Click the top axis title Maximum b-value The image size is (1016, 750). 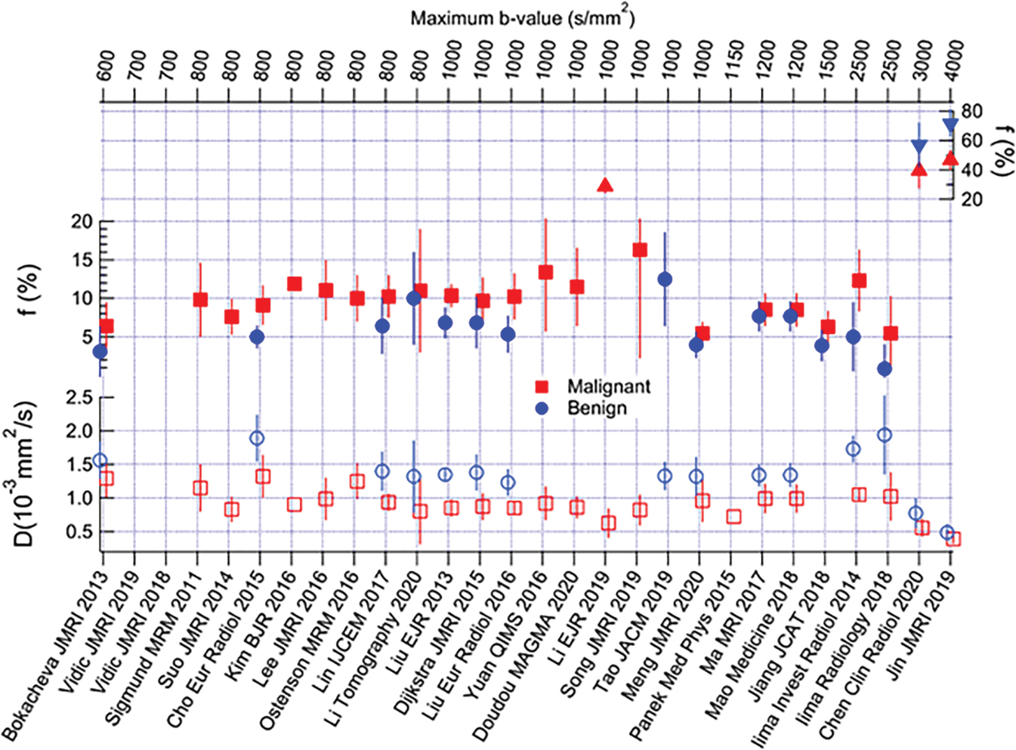[x=522, y=17]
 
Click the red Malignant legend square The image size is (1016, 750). [x=542, y=387]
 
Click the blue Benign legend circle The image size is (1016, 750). [x=542, y=408]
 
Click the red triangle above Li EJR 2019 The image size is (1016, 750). [x=605, y=185]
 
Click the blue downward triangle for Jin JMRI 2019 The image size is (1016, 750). [x=950, y=125]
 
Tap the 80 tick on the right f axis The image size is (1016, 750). [x=971, y=112]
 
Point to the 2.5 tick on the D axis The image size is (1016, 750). [x=79, y=398]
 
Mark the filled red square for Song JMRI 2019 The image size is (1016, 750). [x=640, y=250]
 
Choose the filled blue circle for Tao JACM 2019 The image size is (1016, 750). [x=665, y=279]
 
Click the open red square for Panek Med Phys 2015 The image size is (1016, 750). [x=733, y=517]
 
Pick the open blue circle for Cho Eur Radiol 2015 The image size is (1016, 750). [x=257, y=438]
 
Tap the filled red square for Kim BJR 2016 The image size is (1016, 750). [x=295, y=284]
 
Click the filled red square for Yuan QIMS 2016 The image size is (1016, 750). [x=545, y=272]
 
